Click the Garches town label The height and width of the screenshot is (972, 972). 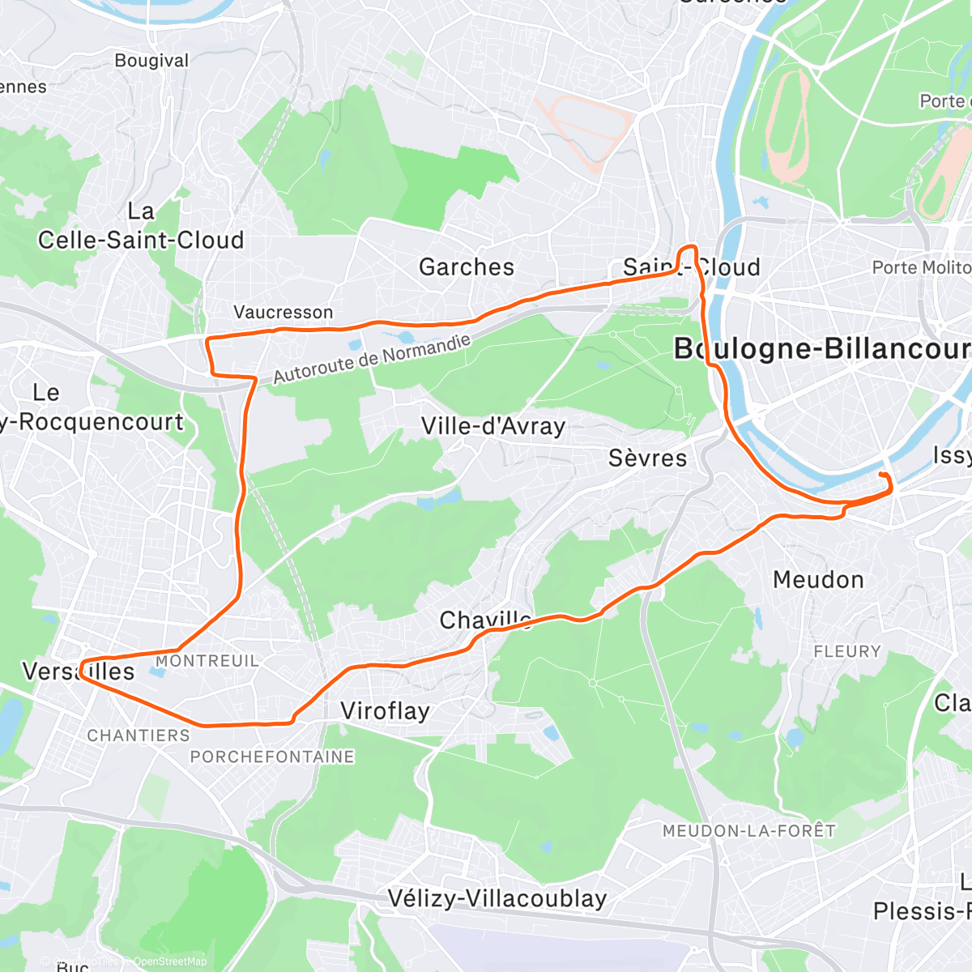coord(467,266)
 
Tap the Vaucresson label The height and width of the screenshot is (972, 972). coord(283,312)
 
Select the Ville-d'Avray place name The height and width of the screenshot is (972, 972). coord(492,426)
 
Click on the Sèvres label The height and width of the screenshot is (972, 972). coord(647,458)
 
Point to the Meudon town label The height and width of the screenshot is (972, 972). coord(818,580)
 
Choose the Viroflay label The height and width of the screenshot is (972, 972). coord(385,711)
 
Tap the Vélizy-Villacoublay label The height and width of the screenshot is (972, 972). coord(497,898)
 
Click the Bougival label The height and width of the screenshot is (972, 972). coord(151,61)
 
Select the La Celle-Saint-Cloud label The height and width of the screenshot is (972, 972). coord(141,227)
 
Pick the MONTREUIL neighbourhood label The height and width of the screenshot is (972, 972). coord(207,661)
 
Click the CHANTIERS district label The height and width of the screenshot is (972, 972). coord(139,735)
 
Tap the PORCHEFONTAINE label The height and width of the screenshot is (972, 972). coord(272,757)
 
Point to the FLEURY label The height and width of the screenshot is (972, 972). coord(846,651)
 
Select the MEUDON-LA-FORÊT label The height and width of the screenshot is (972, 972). coord(748,831)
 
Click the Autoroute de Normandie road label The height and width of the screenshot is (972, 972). coord(372,359)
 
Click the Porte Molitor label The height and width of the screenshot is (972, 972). coord(921,267)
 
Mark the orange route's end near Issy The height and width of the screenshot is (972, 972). coord(880,473)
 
